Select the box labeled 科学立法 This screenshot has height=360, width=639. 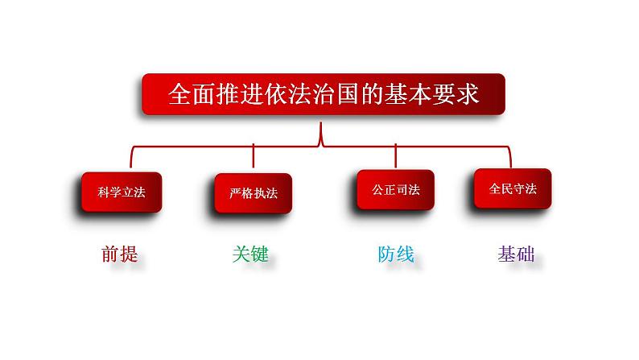(120, 192)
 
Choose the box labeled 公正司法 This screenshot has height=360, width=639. (395, 190)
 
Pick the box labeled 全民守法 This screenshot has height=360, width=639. (512, 188)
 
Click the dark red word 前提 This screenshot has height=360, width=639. (120, 254)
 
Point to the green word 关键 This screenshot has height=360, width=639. (249, 254)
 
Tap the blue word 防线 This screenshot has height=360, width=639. (396, 254)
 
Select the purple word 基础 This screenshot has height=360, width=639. (516, 254)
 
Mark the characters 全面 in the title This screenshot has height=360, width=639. (188, 95)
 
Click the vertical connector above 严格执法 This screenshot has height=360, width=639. (254, 157)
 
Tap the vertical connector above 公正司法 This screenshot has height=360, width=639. (396, 155)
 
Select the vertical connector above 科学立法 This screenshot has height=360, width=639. (133, 158)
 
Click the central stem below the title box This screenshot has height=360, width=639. (322, 133)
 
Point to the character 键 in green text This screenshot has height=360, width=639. (258, 254)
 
